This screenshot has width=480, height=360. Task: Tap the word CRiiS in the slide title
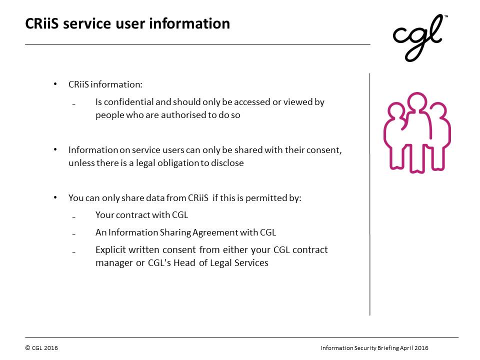(42, 23)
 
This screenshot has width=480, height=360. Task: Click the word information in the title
(189, 23)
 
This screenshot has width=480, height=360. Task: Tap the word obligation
(178, 163)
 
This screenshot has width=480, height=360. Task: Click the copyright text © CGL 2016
(41, 348)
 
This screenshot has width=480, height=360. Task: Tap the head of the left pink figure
(396, 112)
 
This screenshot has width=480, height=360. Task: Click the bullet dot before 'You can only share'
(55, 197)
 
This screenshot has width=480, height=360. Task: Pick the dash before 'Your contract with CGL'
(74, 217)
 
